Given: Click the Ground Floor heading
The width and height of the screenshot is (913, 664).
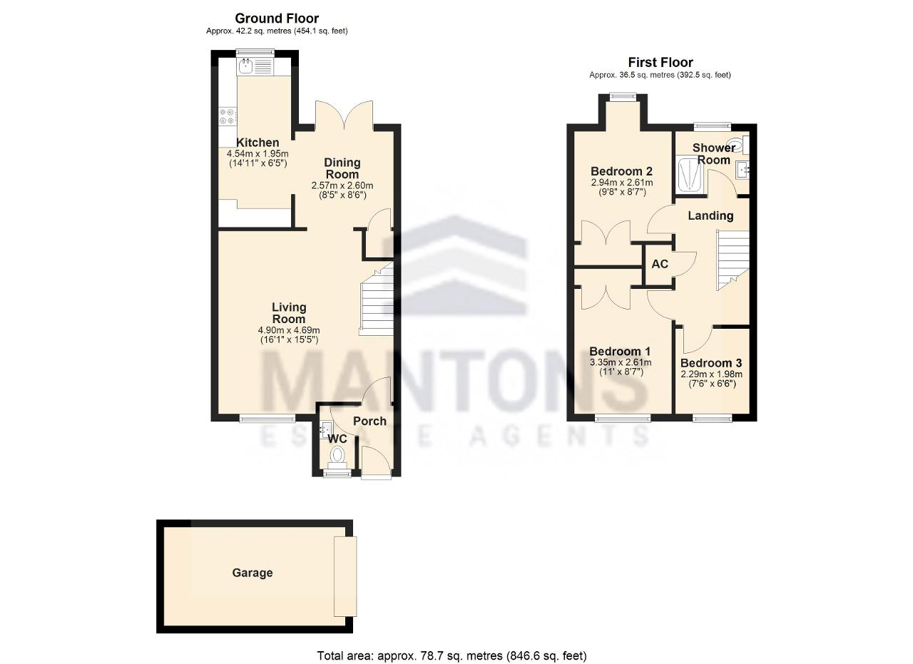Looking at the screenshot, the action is pyautogui.click(x=277, y=19).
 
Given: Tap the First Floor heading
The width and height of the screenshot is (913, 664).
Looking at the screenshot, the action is pyautogui.click(x=660, y=62).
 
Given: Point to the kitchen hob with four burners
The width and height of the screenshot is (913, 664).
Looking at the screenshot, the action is pyautogui.click(x=228, y=116).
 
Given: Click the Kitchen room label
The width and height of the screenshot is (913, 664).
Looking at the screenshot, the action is pyautogui.click(x=257, y=142).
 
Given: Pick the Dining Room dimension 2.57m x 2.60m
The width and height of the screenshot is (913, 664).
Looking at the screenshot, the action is pyautogui.click(x=342, y=185).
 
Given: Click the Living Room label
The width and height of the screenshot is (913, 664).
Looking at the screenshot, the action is pyautogui.click(x=289, y=312).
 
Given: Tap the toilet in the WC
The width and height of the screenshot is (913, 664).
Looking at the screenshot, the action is pyautogui.click(x=337, y=456).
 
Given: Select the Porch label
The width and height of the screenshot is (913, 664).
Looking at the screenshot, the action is pyautogui.click(x=369, y=421).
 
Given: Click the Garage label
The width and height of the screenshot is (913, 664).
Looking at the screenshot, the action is pyautogui.click(x=253, y=573).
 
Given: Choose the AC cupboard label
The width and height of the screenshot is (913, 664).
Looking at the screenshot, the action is pyautogui.click(x=660, y=264).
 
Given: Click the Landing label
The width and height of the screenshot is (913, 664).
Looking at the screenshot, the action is pyautogui.click(x=710, y=215).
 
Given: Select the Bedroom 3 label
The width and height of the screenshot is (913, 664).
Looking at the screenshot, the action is pyautogui.click(x=711, y=363).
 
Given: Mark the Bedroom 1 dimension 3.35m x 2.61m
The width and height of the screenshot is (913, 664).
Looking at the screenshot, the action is pyautogui.click(x=621, y=362).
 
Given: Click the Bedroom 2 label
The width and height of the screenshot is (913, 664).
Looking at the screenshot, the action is pyautogui.click(x=621, y=170).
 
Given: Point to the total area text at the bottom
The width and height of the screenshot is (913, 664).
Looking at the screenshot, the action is pyautogui.click(x=452, y=656).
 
